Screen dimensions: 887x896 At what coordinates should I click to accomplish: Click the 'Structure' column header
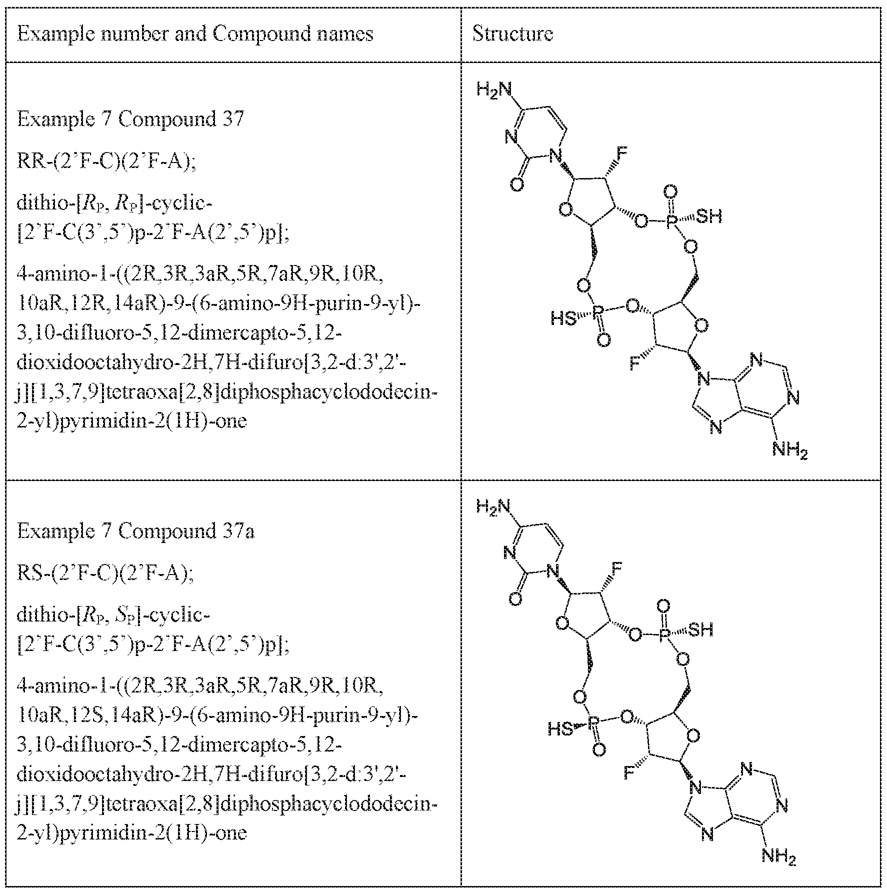[x=512, y=34]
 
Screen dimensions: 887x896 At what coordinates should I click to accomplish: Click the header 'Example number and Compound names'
[x=195, y=34]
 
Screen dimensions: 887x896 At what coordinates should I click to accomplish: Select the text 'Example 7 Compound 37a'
[x=135, y=531]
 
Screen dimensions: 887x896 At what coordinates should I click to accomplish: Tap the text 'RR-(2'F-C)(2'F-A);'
[x=106, y=162]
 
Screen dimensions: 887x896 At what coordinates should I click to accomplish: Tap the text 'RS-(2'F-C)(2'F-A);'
[x=105, y=574]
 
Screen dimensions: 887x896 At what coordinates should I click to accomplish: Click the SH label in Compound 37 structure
[x=709, y=216]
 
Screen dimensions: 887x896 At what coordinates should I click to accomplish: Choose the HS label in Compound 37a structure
[x=560, y=729]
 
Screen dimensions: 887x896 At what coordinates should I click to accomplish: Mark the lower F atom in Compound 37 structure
[x=634, y=363]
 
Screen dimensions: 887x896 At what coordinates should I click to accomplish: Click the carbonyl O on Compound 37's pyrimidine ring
[x=517, y=186]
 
